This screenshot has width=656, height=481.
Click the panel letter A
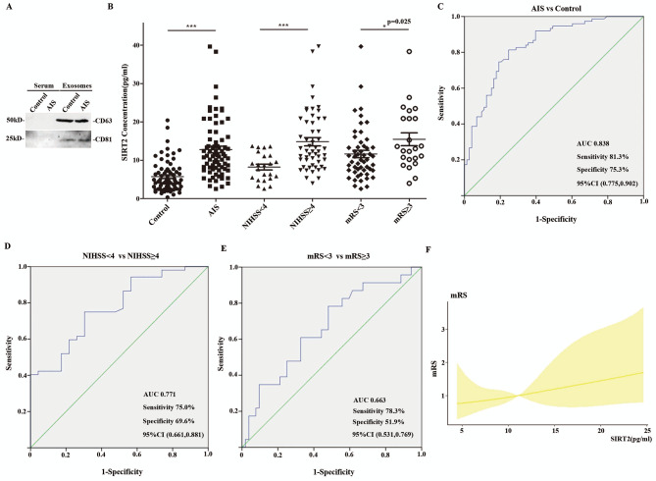pyautogui.click(x=8, y=7)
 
